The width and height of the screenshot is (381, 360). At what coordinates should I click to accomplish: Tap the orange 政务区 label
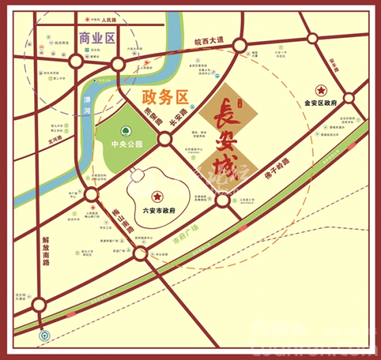pyautogui.click(x=164, y=95)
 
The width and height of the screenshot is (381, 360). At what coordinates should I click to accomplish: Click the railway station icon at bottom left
pyautogui.click(x=44, y=334)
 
